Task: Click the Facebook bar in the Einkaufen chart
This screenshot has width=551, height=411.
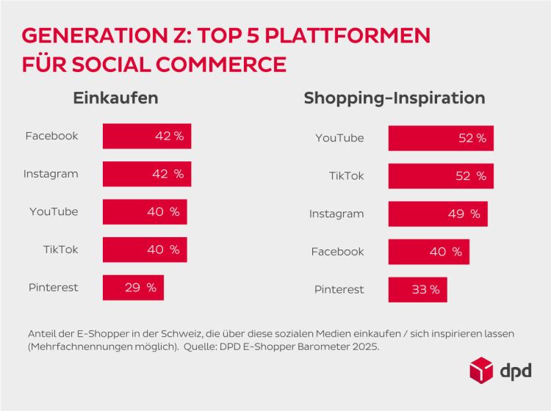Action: (x=146, y=136)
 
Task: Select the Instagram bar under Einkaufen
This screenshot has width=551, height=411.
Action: (x=146, y=174)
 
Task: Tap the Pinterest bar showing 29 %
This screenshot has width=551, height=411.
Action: (x=133, y=288)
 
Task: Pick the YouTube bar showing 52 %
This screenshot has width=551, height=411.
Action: (x=441, y=138)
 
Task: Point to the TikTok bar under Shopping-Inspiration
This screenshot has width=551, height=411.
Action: (x=441, y=175)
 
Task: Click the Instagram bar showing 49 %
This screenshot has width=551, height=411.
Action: (x=438, y=214)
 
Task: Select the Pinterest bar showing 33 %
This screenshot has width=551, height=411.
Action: (x=417, y=289)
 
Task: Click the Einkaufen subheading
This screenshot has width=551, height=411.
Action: (x=115, y=98)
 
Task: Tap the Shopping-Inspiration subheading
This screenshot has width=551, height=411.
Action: (x=395, y=98)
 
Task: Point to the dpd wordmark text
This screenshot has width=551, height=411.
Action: (x=516, y=371)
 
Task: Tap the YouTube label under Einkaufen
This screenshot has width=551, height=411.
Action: (x=54, y=212)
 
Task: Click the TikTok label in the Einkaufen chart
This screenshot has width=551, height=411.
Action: (x=60, y=250)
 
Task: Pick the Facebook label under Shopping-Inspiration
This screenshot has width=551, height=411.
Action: (x=337, y=252)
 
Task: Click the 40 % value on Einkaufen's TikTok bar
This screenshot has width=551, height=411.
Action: (x=163, y=250)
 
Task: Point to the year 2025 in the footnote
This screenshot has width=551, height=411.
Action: (x=364, y=346)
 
